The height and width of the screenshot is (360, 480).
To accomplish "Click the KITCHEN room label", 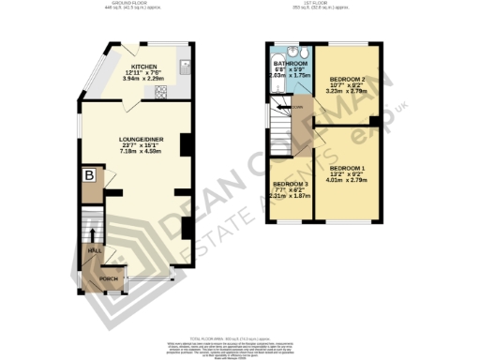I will pos(144,67).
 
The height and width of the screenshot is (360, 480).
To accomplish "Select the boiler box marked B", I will pos(89,175).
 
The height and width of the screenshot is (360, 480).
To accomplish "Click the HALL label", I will pos(93,251).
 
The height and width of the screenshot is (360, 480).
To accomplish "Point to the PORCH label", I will pos(109,278).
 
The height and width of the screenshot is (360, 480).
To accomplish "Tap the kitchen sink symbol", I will pos(185,67).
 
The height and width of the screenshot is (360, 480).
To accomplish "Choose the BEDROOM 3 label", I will pos(289,184).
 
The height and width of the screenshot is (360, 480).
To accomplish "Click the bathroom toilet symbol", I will pos(294,52).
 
